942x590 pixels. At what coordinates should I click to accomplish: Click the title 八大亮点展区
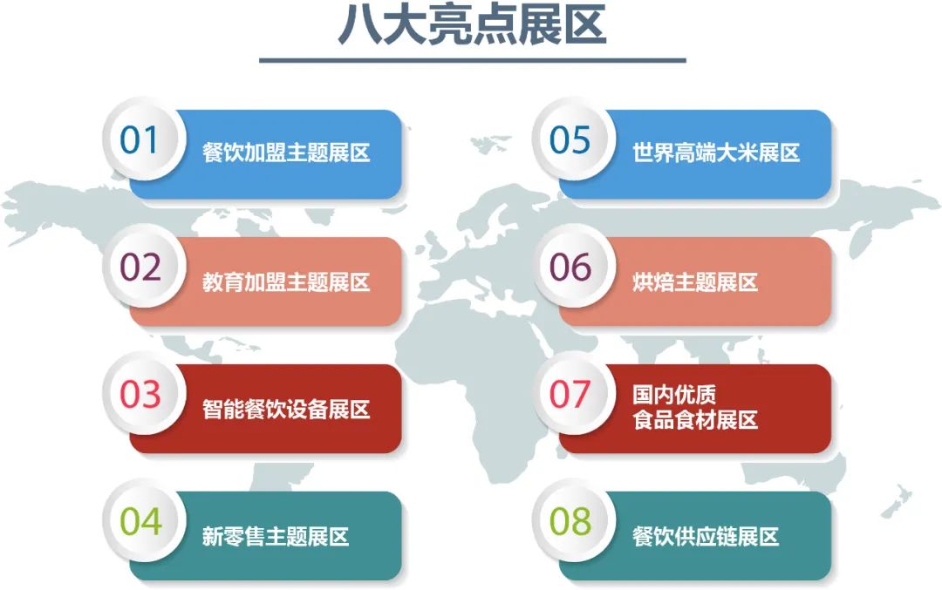coord(471,26)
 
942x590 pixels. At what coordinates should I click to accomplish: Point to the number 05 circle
coord(570,140)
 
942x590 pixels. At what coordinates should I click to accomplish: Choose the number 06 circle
coord(570,268)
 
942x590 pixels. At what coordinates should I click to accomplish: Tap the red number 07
coord(570,395)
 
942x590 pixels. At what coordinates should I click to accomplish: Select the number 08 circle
coord(570,522)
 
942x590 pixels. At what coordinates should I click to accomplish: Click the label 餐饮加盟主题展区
coord(286,153)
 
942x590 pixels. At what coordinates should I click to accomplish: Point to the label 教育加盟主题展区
coord(286,281)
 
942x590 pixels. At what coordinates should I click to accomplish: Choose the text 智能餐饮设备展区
coord(286,409)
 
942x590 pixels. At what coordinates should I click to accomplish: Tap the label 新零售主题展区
coord(276,536)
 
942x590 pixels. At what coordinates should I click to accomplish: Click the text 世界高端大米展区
coord(715,153)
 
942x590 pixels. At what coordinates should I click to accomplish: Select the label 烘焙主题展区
coord(694,281)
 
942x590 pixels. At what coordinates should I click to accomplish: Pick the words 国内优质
coord(674,396)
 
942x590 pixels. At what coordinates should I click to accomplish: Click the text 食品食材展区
coord(694,420)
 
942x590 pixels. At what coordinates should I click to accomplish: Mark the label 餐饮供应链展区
coord(705,536)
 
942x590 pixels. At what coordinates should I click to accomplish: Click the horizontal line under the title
coord(472,60)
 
